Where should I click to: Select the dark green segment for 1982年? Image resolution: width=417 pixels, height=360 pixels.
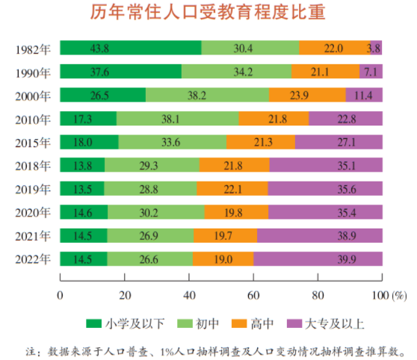pos(130,49)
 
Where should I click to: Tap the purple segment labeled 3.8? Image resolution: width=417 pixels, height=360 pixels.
pos(376,49)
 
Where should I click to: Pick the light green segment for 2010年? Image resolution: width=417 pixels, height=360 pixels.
pos(177,118)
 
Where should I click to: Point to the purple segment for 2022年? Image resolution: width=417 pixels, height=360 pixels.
pos(318,258)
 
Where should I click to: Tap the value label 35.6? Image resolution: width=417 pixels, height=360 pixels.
pos(324,188)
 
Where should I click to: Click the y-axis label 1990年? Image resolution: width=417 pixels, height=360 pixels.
pos(32,72)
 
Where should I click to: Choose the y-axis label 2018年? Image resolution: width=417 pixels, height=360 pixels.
pos(32,165)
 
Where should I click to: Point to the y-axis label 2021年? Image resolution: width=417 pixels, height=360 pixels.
pos(32,235)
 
